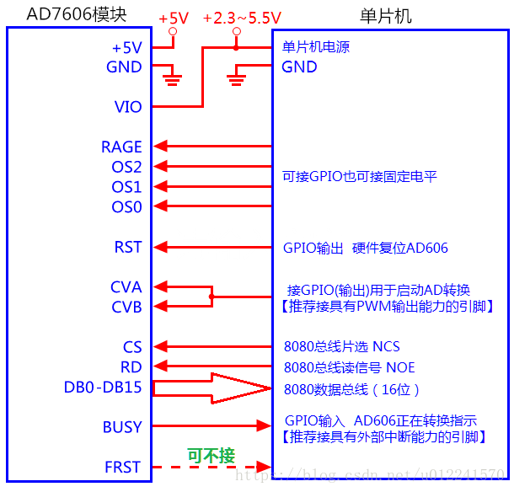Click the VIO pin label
coord(128,107)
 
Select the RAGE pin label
coord(121,147)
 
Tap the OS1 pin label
coord(126,187)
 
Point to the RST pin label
coord(128,248)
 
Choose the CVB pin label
coord(126,307)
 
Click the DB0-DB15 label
coord(103,388)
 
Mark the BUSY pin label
coord(122,427)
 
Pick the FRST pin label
coord(123,467)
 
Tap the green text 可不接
coord(211,456)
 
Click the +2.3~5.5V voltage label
coord(242,18)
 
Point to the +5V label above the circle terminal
coord(174,18)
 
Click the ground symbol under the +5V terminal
coord(173,81)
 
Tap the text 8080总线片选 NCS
coord(341,347)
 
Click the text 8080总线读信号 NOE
coord(349,367)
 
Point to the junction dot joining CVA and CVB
coord(211,297)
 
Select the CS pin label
coord(132,347)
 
